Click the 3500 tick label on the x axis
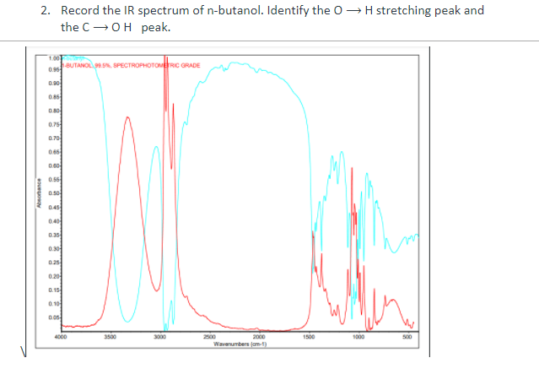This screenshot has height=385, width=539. coord(110,336)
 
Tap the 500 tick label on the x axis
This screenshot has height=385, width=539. coord(407,336)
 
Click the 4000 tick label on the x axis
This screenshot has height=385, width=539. coord(60,336)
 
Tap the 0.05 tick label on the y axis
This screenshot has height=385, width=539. coord(53,318)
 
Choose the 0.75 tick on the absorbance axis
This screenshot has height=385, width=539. coord(53,123)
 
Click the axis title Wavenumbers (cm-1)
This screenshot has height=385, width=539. coord(240,344)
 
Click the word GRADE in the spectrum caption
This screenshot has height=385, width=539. coord(188,63)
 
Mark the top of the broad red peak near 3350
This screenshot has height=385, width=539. coord(127,117)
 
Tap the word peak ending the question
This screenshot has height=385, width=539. coord(157,27)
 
